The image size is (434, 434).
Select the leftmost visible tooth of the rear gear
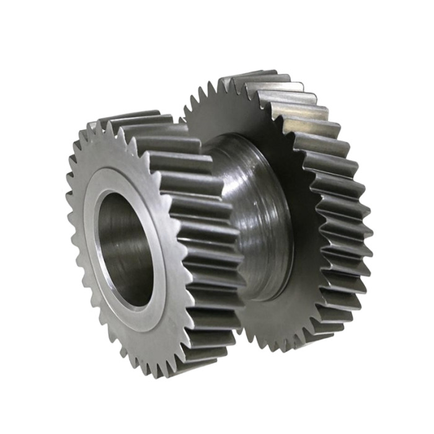tap(187, 112)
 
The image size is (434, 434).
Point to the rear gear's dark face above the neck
tap(248, 118)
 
